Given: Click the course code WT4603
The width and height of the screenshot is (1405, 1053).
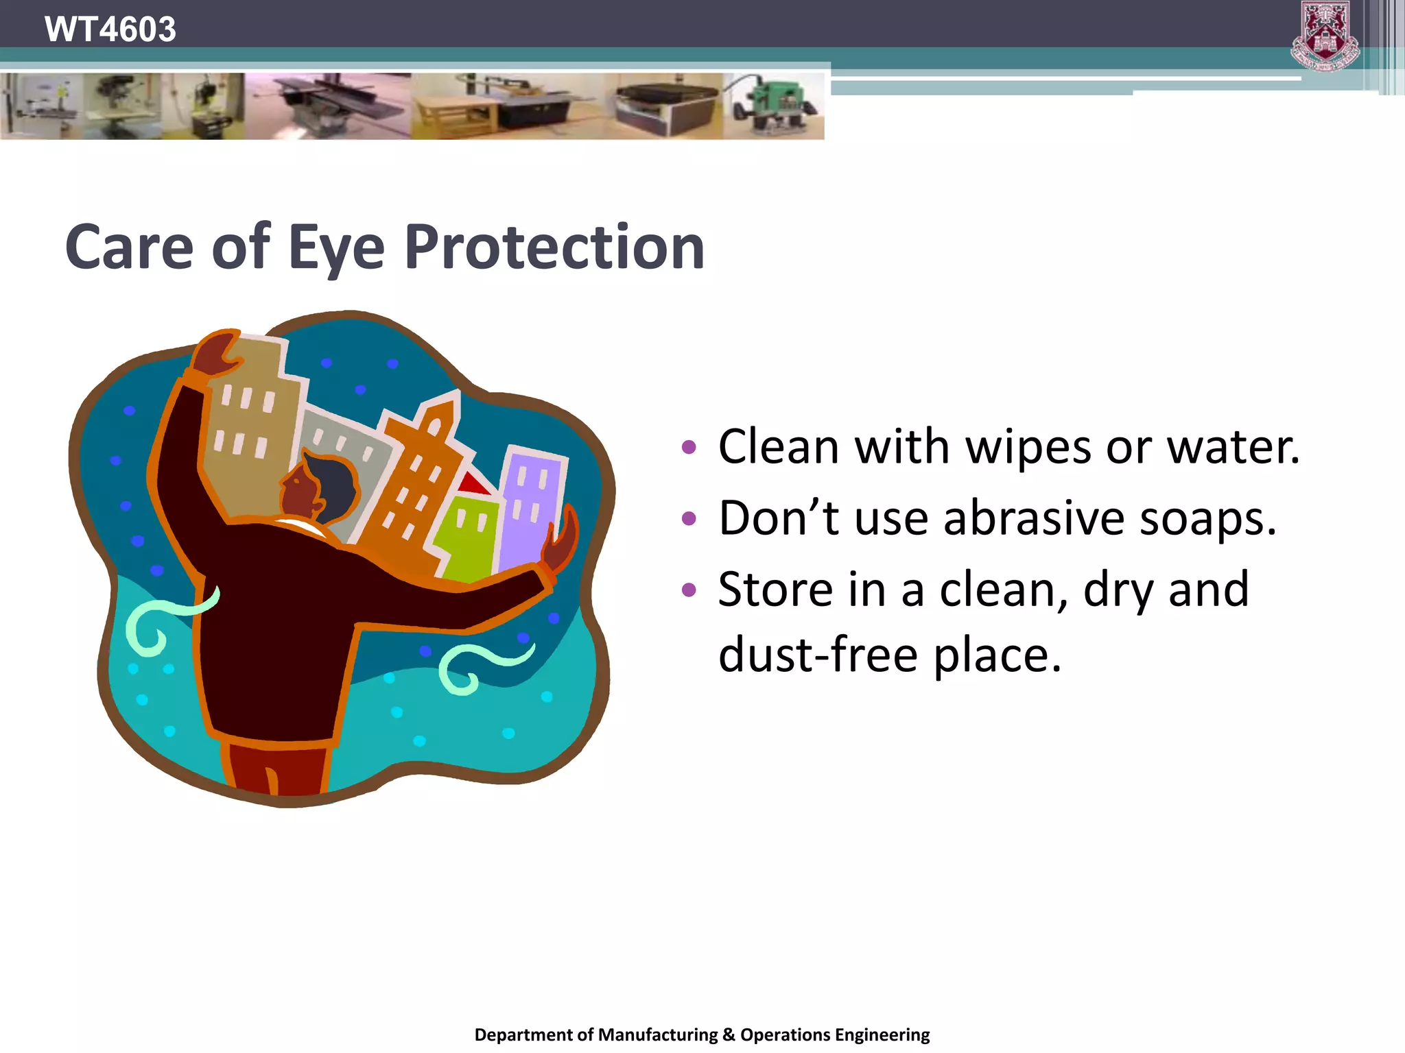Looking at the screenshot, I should [x=110, y=29].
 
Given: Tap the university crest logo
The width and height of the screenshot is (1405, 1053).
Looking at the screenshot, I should [x=1325, y=36].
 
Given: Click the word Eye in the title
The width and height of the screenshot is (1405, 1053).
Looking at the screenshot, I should [x=336, y=248].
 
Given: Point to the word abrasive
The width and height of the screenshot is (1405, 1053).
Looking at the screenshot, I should [x=1033, y=518].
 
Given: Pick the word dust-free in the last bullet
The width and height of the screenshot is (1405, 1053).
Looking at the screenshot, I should [x=818, y=655].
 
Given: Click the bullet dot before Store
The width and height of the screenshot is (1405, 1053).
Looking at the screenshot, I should [x=689, y=590].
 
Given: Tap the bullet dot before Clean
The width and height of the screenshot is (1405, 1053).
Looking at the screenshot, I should [x=689, y=448].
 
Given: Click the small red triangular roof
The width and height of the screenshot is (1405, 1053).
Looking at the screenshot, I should [x=473, y=484].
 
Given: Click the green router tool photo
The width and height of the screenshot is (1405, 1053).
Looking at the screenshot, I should [x=774, y=106].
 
